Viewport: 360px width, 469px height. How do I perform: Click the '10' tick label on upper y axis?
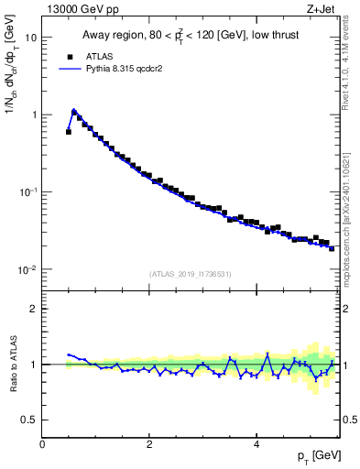pos(31,38)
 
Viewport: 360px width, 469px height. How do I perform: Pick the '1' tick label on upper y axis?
pos(34,115)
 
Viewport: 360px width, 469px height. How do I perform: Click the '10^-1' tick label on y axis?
pos(29,192)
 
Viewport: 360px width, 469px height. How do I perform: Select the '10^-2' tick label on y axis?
pos(29,269)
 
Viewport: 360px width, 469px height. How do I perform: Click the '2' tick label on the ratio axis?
pos(34,309)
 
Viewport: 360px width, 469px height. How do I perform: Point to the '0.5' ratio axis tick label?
pos(29,420)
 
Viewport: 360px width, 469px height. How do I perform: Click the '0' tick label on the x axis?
pos(42,443)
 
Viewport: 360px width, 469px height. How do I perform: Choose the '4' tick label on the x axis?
pos(256,443)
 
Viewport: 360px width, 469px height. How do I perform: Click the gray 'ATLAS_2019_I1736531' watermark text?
pos(191,274)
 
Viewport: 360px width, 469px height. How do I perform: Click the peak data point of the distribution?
pos(74,113)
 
